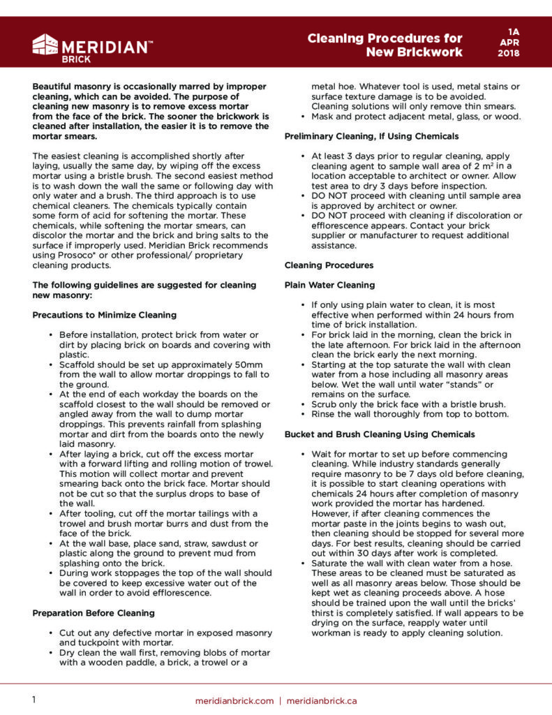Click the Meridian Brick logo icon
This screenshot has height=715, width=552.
[x=45, y=45]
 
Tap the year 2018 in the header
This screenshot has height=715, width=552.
[x=514, y=53]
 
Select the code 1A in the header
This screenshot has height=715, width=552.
[x=514, y=31]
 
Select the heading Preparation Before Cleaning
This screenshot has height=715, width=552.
[x=93, y=612]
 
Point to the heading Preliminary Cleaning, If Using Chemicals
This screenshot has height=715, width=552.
[x=371, y=136]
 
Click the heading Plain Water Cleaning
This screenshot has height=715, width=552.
[x=330, y=285]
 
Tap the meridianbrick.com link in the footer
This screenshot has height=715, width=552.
[x=234, y=700]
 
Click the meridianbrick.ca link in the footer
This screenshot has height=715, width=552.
[x=322, y=700]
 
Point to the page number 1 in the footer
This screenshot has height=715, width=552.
[x=34, y=700]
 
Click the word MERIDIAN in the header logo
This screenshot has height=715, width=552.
[x=105, y=47]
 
